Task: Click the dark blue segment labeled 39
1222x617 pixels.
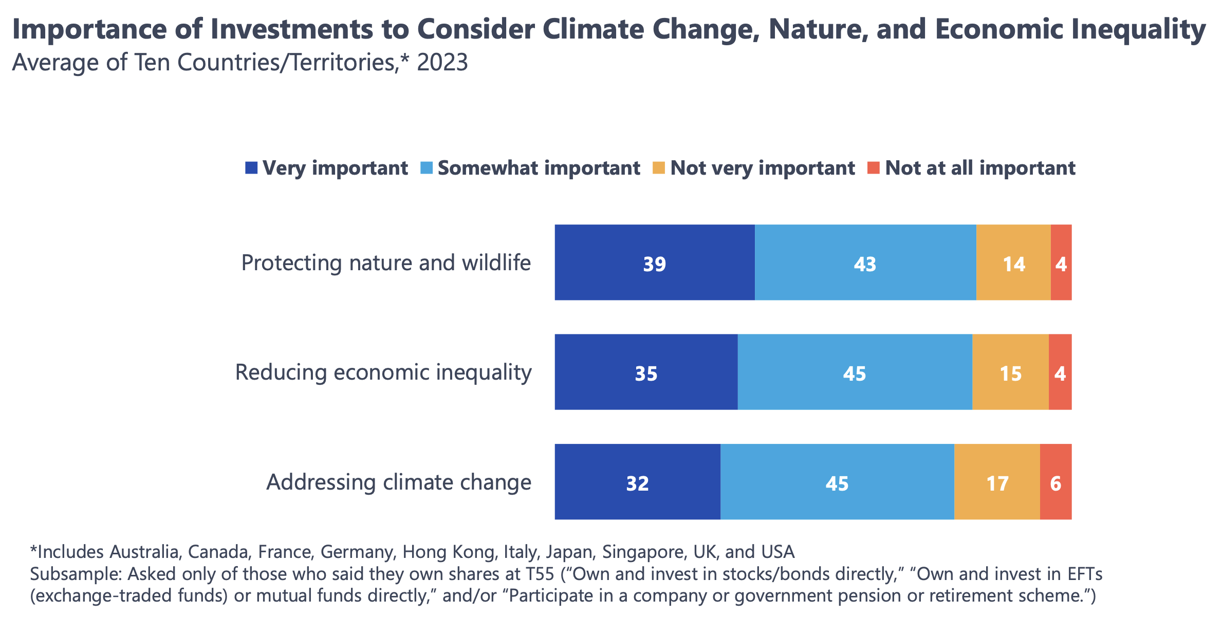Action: [x=654, y=263]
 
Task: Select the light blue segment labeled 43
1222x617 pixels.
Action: [x=865, y=263]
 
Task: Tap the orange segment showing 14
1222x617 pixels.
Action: [x=1013, y=263]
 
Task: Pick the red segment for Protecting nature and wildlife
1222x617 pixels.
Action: [x=1061, y=263]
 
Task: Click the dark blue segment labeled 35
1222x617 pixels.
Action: [x=645, y=372]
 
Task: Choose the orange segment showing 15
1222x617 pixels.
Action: [x=1010, y=372]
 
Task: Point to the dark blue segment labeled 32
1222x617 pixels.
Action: [x=637, y=482]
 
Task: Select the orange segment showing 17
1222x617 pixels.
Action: [x=996, y=482]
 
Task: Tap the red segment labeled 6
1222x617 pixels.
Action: [x=1056, y=482]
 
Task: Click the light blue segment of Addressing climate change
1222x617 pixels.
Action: [x=837, y=482]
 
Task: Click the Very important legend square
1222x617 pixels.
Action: [x=251, y=168]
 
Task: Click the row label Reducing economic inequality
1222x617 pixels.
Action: [x=383, y=372]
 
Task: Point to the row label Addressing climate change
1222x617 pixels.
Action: [x=398, y=482]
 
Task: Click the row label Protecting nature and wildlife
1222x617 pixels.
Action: [x=385, y=263]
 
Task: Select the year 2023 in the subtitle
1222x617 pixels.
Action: [x=442, y=63]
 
